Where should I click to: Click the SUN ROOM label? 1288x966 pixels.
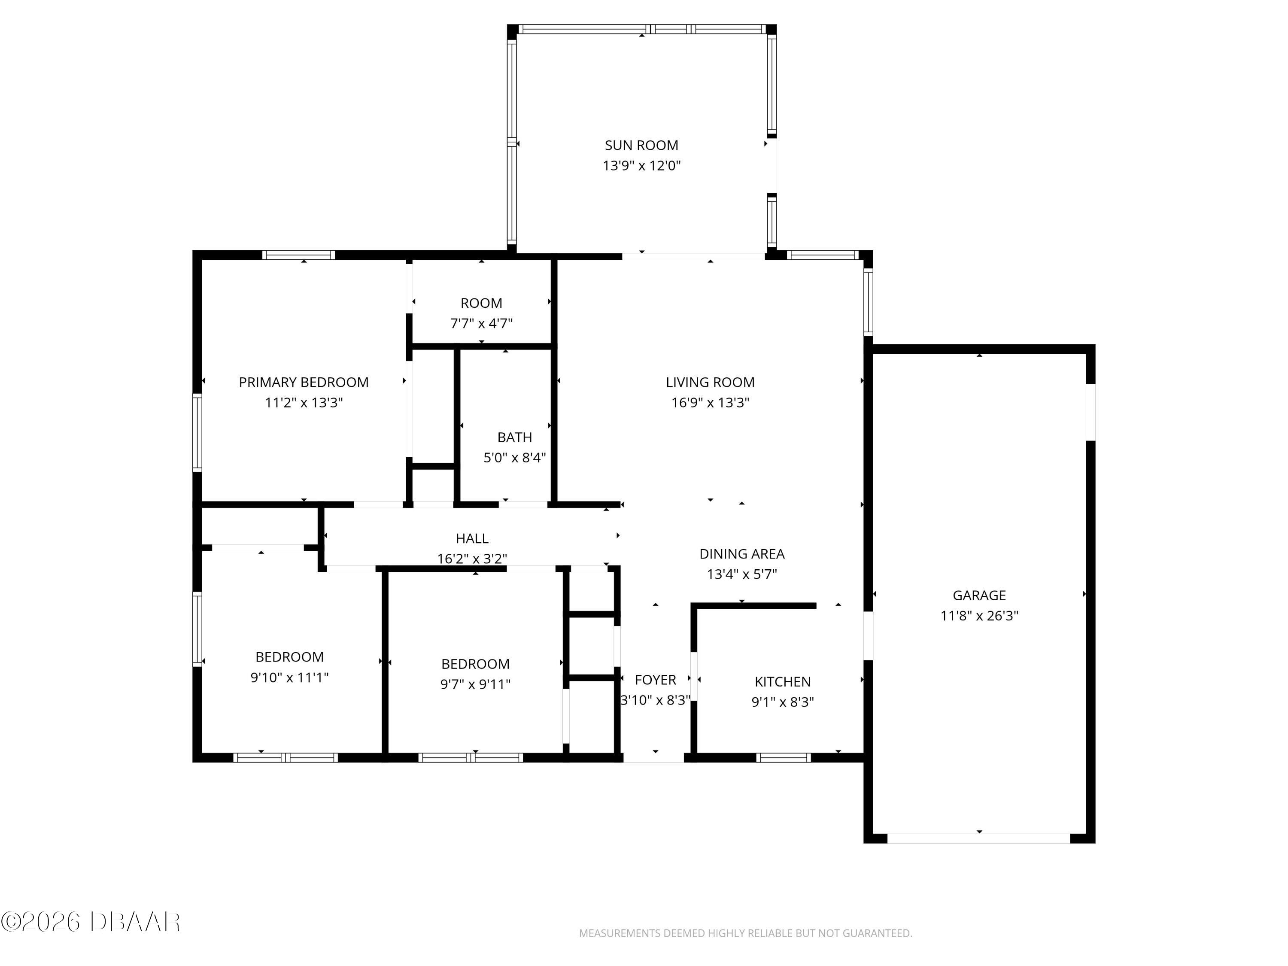pos(641,145)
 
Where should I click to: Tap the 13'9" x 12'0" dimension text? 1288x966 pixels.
pos(641,165)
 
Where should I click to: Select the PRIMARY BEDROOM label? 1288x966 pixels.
pos(304,382)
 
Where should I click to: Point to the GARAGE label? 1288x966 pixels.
pos(979,595)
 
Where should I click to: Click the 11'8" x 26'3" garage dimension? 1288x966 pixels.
pos(979,616)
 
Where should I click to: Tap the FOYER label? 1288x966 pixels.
pos(655,680)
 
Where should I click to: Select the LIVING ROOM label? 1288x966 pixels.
pos(710,382)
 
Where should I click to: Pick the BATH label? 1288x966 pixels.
pos(514,437)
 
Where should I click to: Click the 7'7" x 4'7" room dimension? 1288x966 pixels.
pos(481,323)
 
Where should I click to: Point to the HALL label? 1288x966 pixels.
pos(472,538)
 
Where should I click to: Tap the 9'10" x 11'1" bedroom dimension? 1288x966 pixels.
pos(289,677)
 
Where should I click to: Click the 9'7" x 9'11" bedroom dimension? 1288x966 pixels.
pos(475,684)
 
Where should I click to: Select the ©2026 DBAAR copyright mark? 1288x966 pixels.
pos(90,922)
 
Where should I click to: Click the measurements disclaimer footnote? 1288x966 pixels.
pos(745,933)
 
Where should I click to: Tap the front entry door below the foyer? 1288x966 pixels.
pos(653,757)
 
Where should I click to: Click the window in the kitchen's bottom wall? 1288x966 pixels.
pos(783,757)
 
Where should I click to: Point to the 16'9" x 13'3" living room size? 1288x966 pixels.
pos(710,402)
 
